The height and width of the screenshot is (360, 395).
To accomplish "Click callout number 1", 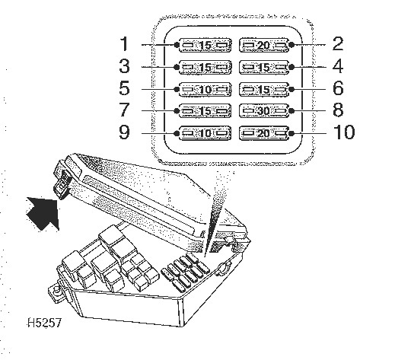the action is point(125,43).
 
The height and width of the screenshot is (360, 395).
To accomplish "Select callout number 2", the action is point(338,43).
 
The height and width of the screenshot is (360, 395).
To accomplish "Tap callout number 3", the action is point(124,66).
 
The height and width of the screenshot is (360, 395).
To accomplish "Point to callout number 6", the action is point(338,88).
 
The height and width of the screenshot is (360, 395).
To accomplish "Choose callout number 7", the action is point(124,110).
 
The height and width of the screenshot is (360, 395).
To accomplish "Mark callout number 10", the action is point(344,132).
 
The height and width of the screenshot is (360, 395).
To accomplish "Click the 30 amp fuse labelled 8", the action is point(264,111).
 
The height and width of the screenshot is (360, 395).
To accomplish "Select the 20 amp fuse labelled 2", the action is point(264,46).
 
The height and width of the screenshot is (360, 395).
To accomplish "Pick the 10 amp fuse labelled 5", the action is point(205,89).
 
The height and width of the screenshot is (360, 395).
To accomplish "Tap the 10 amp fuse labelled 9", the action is point(205,133).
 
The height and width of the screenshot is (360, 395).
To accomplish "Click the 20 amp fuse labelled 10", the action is point(264,133).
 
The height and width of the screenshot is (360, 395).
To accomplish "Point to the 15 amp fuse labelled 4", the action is point(264,67).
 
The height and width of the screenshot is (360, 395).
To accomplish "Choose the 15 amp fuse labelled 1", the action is point(205,46).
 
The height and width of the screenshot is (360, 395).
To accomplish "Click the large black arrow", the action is point(44,213).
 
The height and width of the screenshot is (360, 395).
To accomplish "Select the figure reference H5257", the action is point(44,323).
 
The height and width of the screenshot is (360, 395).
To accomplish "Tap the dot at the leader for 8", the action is point(291,111).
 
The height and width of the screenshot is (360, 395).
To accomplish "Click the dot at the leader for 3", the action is point(177,67).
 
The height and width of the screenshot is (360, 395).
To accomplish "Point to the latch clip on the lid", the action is point(61,183).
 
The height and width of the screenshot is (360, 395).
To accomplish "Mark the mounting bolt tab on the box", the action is point(56,292).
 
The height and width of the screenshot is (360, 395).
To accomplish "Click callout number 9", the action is point(124,132).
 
